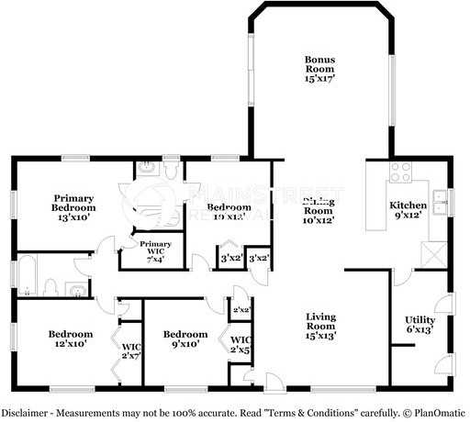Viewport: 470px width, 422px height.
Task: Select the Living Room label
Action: (x=321, y=326)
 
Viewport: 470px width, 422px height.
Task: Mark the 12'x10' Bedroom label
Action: (x=70, y=339)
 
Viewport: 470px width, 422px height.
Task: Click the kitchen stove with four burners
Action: (x=399, y=172)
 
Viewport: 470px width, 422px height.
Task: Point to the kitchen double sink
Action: (x=440, y=201)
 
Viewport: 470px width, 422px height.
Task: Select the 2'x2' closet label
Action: (x=241, y=311)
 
